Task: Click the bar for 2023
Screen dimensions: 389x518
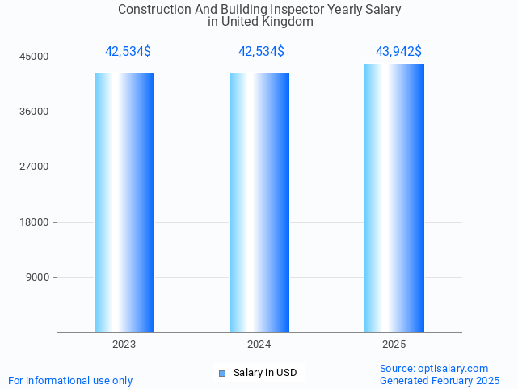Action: [124, 202]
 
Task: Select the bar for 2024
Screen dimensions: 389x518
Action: [259, 202]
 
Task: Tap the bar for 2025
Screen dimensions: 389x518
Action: [394, 198]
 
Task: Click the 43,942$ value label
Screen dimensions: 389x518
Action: [398, 52]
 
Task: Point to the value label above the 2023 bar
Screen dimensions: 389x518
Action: [128, 52]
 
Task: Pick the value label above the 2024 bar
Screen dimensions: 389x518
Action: [261, 52]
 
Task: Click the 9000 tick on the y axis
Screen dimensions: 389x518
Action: [39, 277]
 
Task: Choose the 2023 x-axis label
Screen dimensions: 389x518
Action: [124, 345]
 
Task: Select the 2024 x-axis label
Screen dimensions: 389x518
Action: [259, 345]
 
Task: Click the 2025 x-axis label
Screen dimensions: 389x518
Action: [394, 345]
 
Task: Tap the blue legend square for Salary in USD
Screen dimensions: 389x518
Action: [223, 373]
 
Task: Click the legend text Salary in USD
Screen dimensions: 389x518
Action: [265, 373]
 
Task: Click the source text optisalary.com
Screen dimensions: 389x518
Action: [453, 369]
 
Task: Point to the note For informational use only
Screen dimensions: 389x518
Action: [70, 380]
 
